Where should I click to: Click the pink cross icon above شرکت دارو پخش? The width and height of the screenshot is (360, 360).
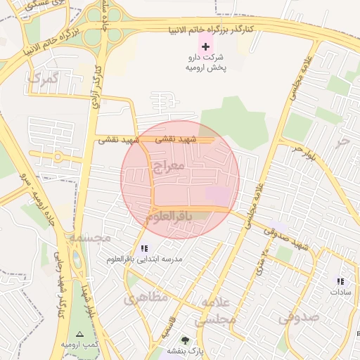[205, 46]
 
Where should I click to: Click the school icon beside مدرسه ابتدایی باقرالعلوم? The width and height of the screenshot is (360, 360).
[145, 247]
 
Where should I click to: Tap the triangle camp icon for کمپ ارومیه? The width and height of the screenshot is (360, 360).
[79, 334]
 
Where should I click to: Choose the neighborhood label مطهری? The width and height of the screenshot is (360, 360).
[147, 298]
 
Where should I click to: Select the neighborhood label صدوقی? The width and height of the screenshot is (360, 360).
[299, 317]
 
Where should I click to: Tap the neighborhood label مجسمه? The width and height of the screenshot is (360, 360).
[89, 238]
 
